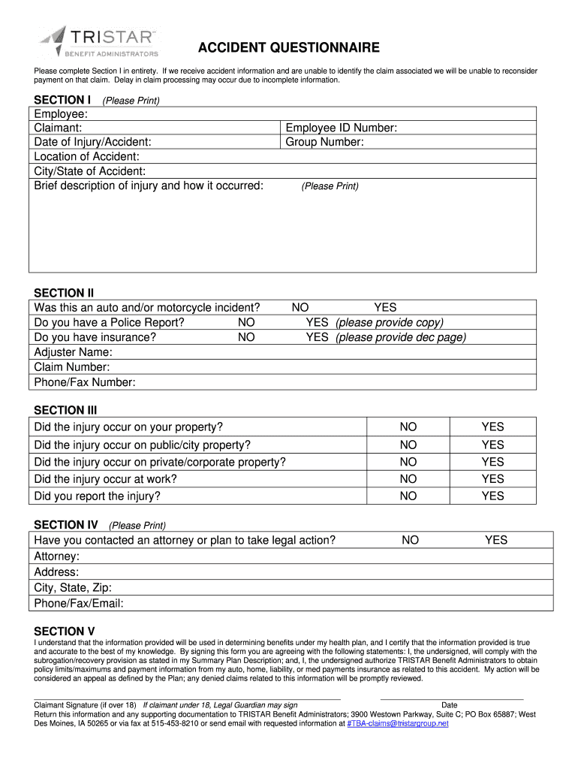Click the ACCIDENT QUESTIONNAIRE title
coord(289,49)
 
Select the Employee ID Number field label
coord(341,128)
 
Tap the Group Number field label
coord(324,142)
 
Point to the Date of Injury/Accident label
coord(92,142)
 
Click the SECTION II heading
coord(65,293)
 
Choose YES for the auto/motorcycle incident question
coord(385,307)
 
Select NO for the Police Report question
coord(246,322)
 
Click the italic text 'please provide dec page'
coord(401,337)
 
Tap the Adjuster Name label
coord(74,352)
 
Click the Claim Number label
coord(72,367)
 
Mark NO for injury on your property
coord(408,427)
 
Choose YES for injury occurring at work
coord(492,478)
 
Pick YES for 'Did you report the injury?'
coord(492,496)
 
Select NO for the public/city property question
coord(408,445)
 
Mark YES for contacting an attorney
coord(496,540)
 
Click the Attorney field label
coord(57,556)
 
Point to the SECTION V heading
coord(65,632)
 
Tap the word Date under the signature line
coord(450,705)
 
